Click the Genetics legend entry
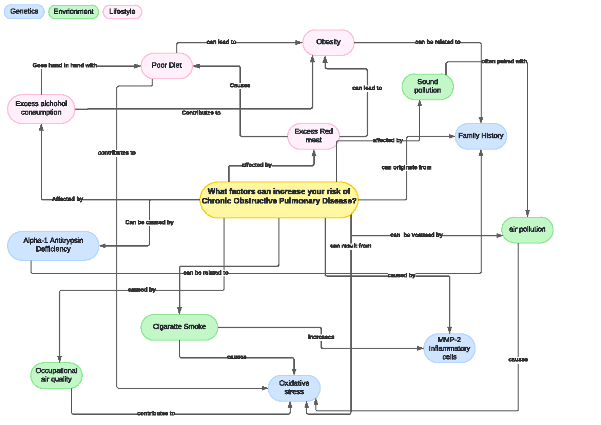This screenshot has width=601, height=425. click(x=24, y=12)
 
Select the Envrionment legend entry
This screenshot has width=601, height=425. click(x=73, y=12)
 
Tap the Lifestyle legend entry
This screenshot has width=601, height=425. click(x=122, y=12)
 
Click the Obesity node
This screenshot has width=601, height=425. click(x=328, y=42)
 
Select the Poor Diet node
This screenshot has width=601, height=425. click(x=167, y=66)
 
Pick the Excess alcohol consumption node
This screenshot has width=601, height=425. click(x=41, y=108)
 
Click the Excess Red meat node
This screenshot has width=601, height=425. click(x=314, y=136)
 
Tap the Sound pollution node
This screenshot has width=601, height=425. click(x=427, y=86)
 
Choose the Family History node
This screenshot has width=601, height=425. click(x=481, y=136)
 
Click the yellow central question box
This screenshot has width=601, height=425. click(x=279, y=199)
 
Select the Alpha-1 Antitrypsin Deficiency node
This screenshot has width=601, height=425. click(x=53, y=245)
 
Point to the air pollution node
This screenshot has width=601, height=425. click(x=527, y=230)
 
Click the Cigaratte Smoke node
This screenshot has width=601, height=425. click(x=179, y=327)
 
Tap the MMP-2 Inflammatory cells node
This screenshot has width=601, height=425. click(x=449, y=348)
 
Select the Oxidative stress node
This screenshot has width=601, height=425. click(x=294, y=388)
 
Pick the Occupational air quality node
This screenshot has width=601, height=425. click(x=56, y=375)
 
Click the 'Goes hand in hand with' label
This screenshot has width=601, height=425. click(x=65, y=65)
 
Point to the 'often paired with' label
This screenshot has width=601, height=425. click(x=504, y=61)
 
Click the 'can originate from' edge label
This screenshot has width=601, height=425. click(x=406, y=168)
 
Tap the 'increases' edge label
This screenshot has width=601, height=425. click(x=321, y=337)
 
